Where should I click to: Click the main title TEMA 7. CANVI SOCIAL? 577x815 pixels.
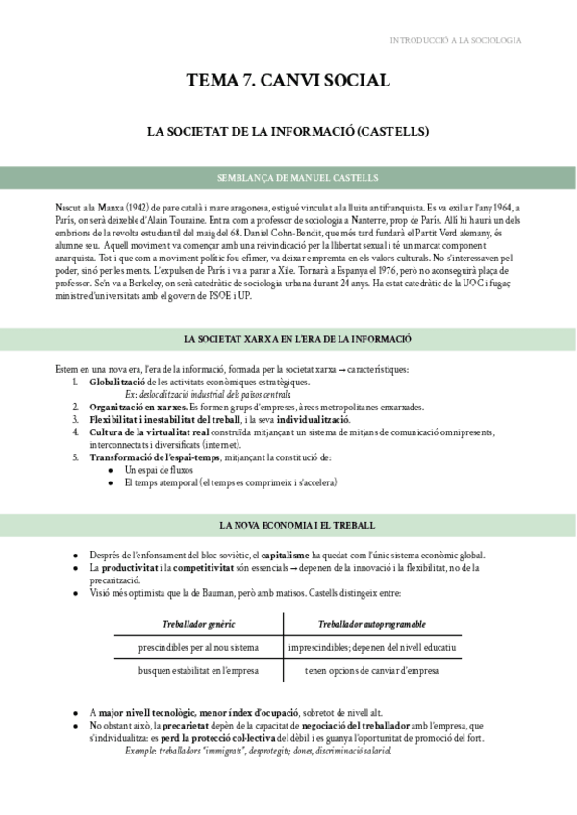coord(288,81)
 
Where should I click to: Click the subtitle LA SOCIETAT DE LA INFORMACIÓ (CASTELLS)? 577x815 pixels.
coord(288,130)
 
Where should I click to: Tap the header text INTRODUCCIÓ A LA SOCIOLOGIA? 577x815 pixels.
coord(456,40)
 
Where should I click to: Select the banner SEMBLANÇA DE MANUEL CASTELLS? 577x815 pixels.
coord(288,178)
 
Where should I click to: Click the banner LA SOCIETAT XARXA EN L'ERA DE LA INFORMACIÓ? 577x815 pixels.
coord(288,340)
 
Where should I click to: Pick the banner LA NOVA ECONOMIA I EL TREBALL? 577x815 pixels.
coord(288,526)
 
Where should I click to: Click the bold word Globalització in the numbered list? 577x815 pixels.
coord(121,383)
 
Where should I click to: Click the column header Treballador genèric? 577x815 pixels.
coord(198,624)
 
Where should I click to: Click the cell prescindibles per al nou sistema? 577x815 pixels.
coord(198,647)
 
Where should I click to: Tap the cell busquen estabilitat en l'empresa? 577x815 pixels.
coord(198,670)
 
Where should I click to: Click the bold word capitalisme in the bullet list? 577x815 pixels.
coord(286,556)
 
